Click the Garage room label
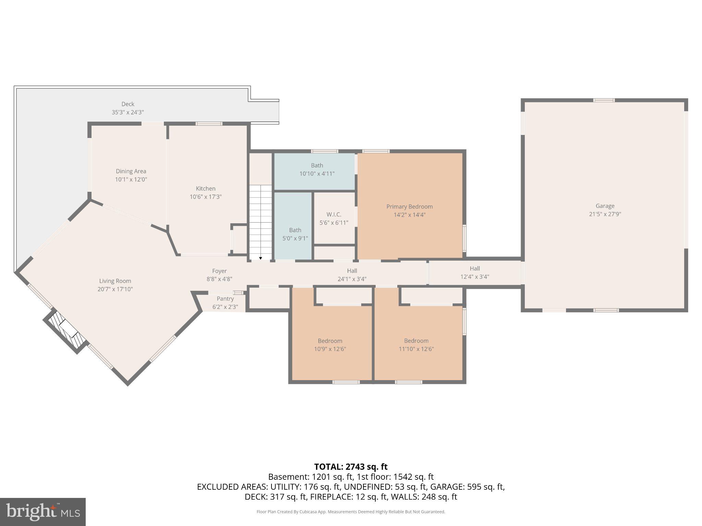(x=605, y=206)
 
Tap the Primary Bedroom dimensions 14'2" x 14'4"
(x=409, y=215)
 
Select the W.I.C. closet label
(x=334, y=214)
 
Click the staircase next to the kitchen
(x=261, y=219)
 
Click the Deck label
(x=128, y=104)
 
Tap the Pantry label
(x=225, y=299)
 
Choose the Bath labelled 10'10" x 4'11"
(x=317, y=170)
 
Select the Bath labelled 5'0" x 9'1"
(x=295, y=234)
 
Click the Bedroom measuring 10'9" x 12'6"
(x=330, y=345)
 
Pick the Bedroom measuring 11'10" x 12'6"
(x=416, y=345)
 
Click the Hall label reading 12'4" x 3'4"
(x=474, y=273)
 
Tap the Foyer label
(x=219, y=271)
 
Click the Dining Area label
(x=131, y=171)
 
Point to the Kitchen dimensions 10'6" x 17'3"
(x=206, y=197)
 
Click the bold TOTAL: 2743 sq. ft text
(x=351, y=466)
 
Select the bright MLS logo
(x=43, y=512)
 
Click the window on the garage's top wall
(x=604, y=100)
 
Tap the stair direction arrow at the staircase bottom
(x=261, y=258)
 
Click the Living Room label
(x=115, y=281)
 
